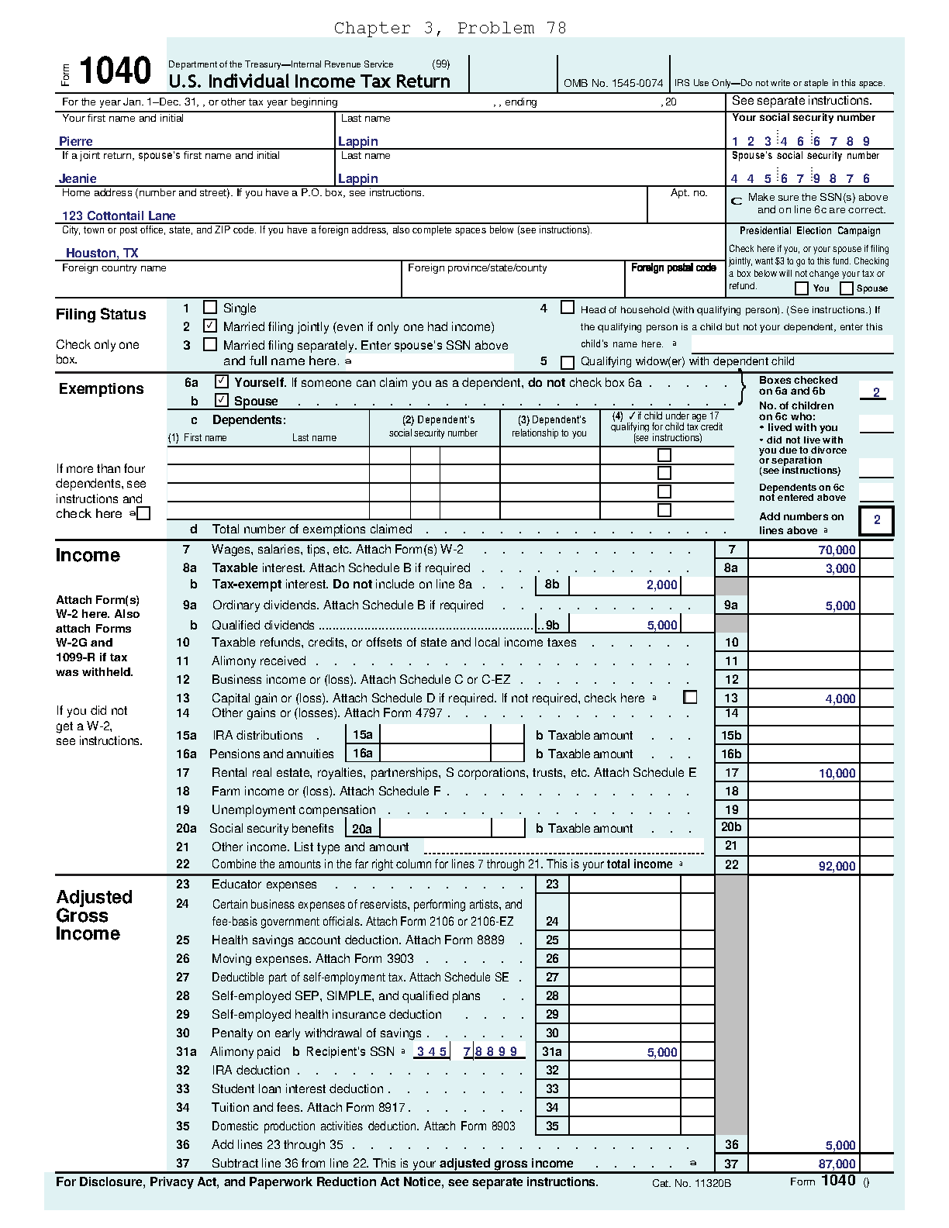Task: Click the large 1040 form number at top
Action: pyautogui.click(x=116, y=71)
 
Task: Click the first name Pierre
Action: pyautogui.click(x=76, y=141)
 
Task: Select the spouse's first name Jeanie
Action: pyautogui.click(x=78, y=178)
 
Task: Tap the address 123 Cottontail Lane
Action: pyautogui.click(x=119, y=216)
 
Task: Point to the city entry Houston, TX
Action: pyautogui.click(x=102, y=253)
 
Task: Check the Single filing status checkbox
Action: pyautogui.click(x=209, y=307)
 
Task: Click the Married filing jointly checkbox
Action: pyautogui.click(x=209, y=326)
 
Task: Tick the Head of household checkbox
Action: pyautogui.click(x=568, y=308)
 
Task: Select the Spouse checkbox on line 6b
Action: pyautogui.click(x=222, y=400)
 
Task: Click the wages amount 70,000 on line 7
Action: pyautogui.click(x=837, y=550)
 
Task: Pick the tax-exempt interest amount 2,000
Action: pyautogui.click(x=661, y=585)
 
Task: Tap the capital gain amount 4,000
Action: pyautogui.click(x=840, y=699)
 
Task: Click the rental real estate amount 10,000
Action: pyautogui.click(x=837, y=773)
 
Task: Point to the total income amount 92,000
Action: pyautogui.click(x=837, y=866)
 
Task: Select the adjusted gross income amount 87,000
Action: pyautogui.click(x=837, y=1164)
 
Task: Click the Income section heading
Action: pyautogui.click(x=88, y=555)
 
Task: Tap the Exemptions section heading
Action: pyautogui.click(x=101, y=388)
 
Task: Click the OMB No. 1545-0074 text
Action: pyautogui.click(x=613, y=83)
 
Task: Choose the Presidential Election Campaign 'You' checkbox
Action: pyautogui.click(x=802, y=288)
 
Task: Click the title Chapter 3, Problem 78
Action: pyautogui.click(x=450, y=29)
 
